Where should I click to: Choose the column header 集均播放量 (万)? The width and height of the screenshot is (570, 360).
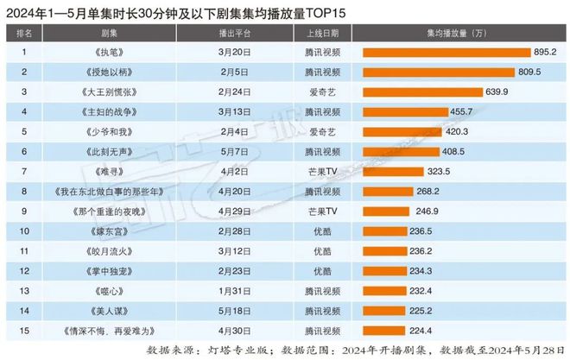453,34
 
